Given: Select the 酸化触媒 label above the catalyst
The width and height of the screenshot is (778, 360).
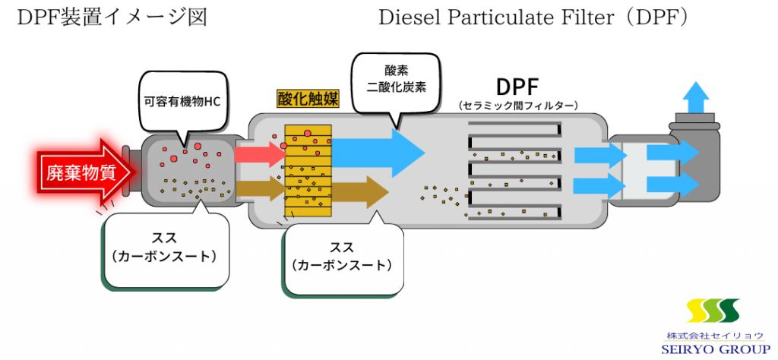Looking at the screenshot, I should [307, 98].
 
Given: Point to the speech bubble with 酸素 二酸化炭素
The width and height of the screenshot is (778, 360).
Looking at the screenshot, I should [395, 79].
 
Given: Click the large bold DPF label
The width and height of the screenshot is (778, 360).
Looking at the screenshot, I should [520, 84].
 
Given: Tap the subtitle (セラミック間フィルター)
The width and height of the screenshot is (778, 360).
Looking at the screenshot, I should [520, 105].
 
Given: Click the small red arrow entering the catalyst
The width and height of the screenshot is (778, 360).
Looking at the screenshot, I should [258, 154].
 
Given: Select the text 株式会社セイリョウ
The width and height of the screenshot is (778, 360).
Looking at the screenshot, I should [713, 334].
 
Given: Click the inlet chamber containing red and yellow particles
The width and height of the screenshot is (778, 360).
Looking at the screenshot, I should [187, 169].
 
